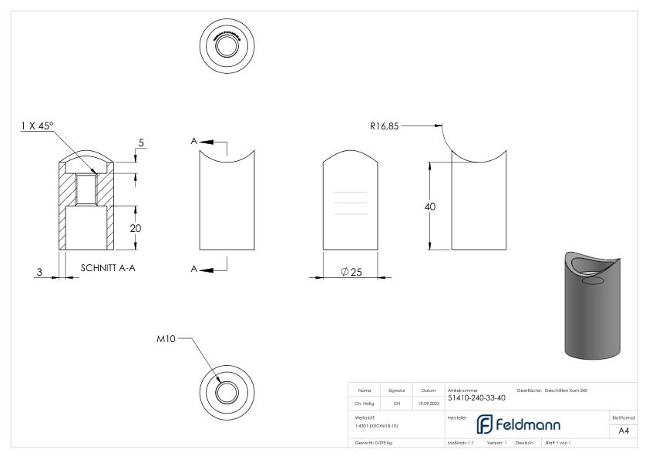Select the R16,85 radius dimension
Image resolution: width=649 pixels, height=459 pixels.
pos(384,123)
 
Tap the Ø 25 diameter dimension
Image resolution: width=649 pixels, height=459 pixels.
pos(351,273)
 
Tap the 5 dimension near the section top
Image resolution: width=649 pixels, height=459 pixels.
pos(141,142)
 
